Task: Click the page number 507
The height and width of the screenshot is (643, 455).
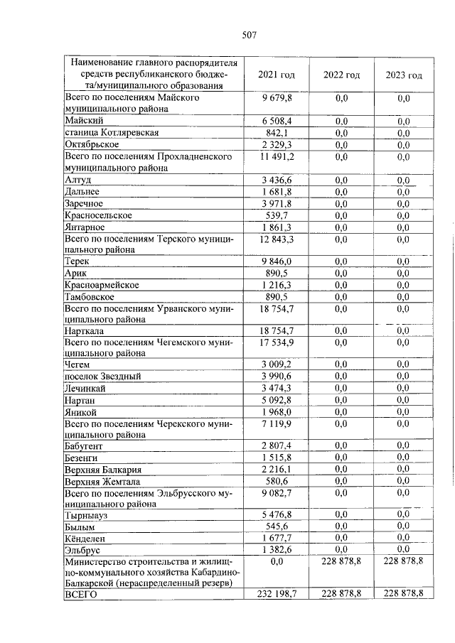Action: tap(248, 35)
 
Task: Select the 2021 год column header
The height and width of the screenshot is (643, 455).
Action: tap(277, 75)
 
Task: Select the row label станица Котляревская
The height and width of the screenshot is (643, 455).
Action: tap(111, 133)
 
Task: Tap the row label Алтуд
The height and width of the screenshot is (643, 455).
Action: tap(77, 180)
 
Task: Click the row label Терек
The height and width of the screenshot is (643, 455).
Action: tap(77, 261)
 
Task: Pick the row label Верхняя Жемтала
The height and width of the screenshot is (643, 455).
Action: tap(102, 481)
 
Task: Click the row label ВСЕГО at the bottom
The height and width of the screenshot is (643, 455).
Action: tap(80, 593)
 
